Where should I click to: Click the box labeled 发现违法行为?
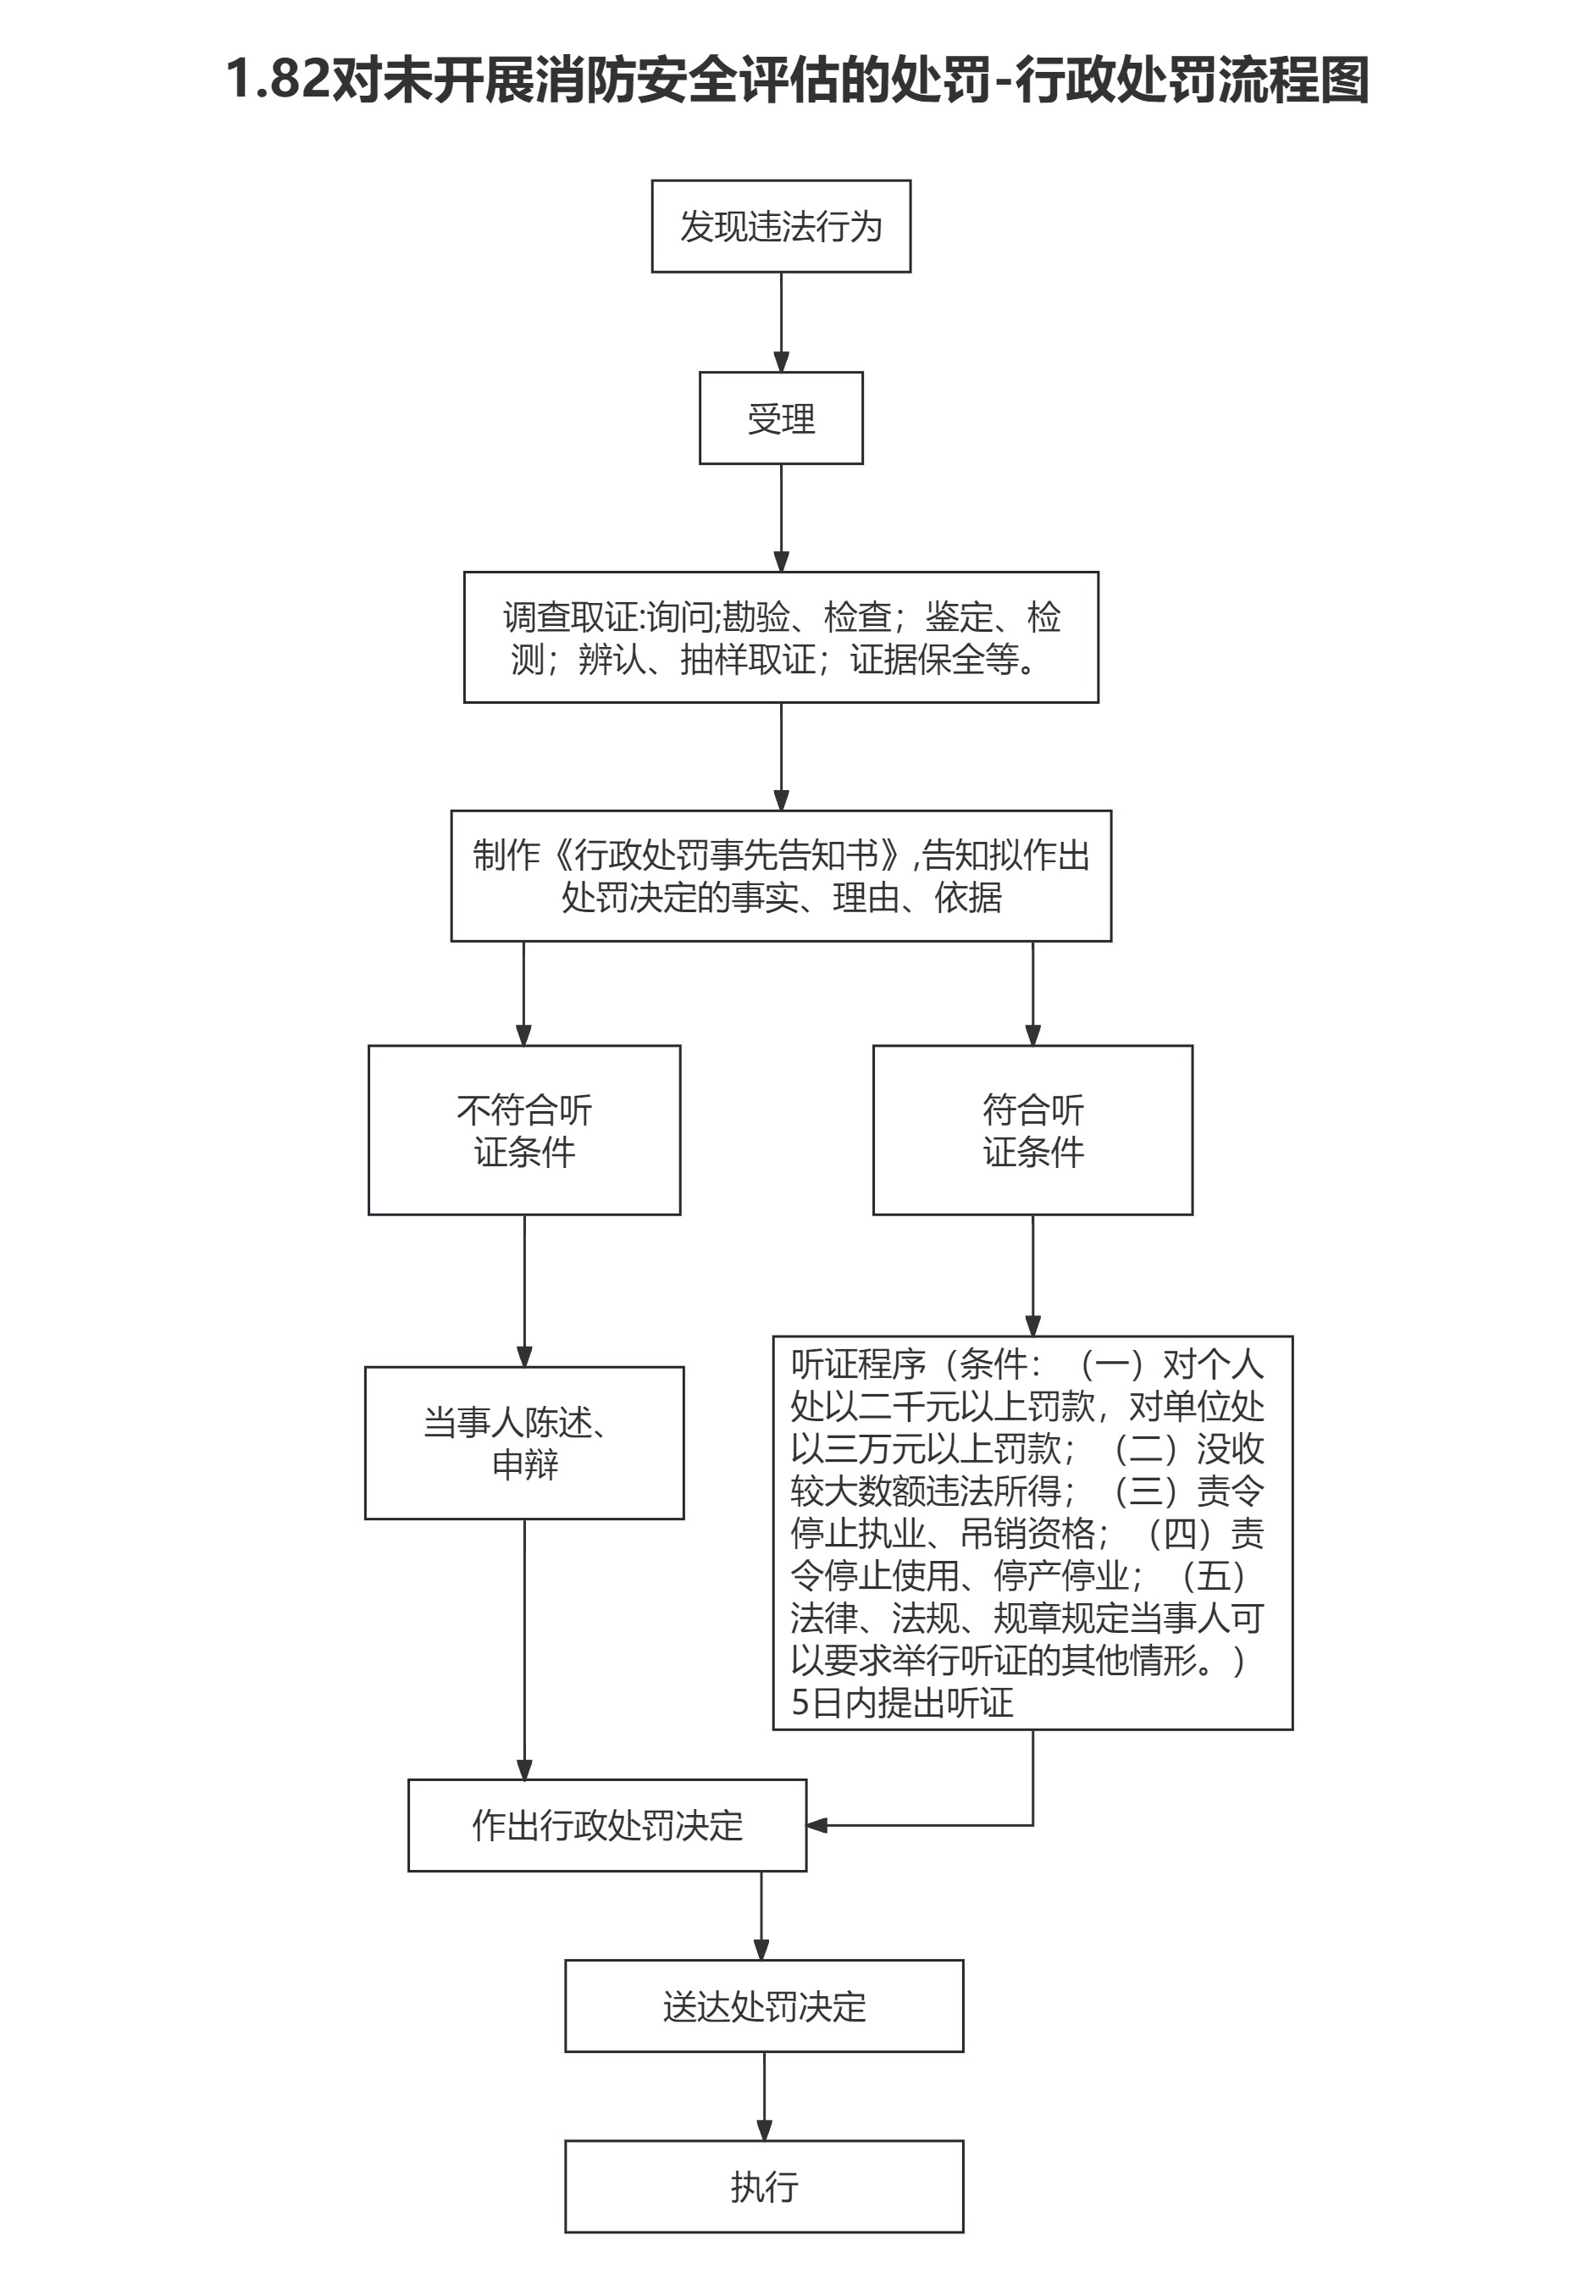781,226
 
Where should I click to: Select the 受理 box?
781,418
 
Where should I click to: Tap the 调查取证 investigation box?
781,637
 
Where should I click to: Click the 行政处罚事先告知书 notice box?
781,876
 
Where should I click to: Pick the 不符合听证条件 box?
524,1129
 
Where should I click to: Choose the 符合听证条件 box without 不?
1032,1129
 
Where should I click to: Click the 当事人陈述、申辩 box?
524,1443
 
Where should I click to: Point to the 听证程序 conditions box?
1032,1532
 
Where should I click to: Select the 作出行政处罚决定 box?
607,1825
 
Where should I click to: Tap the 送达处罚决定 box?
764,2006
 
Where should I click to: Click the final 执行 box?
764,2187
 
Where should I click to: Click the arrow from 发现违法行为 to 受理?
781,322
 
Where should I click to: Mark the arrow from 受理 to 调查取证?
781,517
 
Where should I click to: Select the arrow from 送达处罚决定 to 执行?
764,2097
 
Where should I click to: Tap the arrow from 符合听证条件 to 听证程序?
1032,1275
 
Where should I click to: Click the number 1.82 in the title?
278,80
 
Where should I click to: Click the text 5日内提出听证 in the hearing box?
901,1702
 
